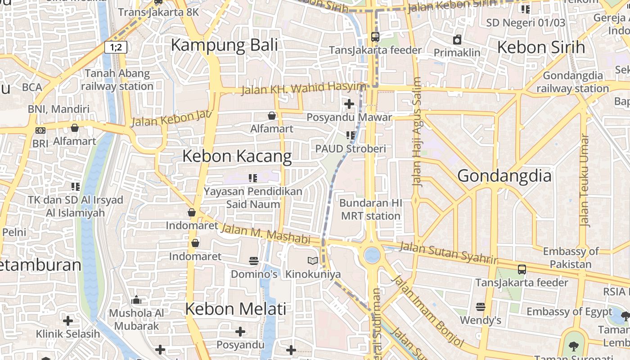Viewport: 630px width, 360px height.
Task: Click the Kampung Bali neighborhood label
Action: point(224,45)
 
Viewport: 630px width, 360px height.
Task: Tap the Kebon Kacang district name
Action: point(237,156)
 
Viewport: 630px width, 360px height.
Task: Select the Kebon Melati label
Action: point(235,309)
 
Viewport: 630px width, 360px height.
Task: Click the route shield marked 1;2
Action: point(116,47)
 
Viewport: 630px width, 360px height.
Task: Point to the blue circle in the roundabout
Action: point(372,255)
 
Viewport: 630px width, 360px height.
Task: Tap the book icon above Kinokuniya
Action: point(313,261)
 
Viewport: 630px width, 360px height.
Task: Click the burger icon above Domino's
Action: point(254,261)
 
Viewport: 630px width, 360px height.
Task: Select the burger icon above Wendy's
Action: point(481,307)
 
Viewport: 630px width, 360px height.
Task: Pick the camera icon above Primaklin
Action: point(457,40)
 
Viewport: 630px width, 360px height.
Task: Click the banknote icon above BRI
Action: point(40,130)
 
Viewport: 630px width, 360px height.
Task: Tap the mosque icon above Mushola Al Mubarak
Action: point(136,300)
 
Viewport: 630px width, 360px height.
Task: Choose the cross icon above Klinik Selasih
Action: point(68,321)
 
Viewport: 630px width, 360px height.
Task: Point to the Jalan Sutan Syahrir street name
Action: point(448,252)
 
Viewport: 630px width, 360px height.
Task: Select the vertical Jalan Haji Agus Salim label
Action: point(417,132)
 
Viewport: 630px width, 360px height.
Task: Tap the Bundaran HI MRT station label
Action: point(370,209)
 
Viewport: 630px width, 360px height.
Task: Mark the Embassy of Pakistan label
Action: point(571,257)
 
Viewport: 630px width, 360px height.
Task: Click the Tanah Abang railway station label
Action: point(117,80)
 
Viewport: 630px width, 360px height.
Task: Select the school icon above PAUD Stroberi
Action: point(351,135)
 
